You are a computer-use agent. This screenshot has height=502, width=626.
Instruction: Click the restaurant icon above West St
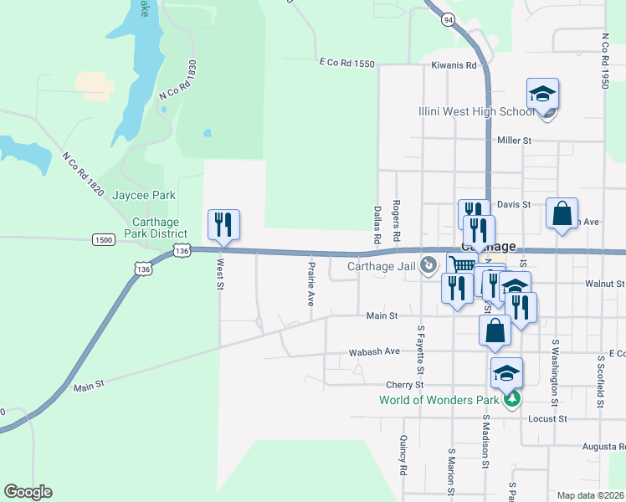tap(223, 224)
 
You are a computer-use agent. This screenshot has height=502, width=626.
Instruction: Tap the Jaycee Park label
tap(145, 195)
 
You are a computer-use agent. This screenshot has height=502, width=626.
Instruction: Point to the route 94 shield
tap(449, 18)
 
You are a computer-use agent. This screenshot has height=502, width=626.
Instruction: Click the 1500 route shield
tap(104, 239)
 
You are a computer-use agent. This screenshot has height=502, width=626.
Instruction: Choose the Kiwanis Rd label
tap(454, 64)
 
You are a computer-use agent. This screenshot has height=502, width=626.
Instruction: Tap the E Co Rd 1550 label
tap(346, 63)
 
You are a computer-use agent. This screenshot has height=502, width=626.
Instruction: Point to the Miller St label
tap(515, 141)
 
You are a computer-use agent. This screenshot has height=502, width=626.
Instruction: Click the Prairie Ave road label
tap(310, 284)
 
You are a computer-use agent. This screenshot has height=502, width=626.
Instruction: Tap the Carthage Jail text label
tap(381, 267)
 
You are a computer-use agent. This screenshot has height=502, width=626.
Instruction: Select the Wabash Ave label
tap(381, 351)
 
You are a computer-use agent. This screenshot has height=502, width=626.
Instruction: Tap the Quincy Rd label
tap(403, 453)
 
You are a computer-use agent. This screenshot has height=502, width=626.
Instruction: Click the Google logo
tap(28, 492)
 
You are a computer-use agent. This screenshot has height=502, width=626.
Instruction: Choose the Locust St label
tap(550, 418)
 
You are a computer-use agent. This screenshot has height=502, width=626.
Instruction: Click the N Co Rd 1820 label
tap(82, 174)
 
